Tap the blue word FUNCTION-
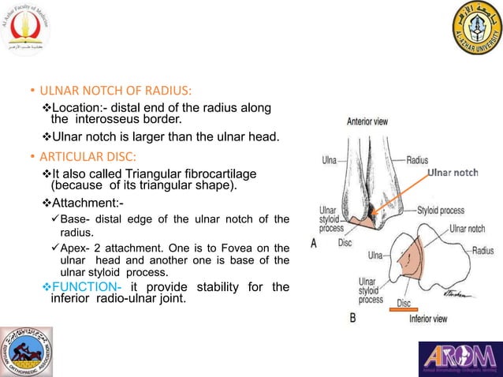coord(85,286)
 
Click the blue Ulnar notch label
coord(453,173)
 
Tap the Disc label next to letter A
coord(345,243)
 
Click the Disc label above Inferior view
coord(404,303)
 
